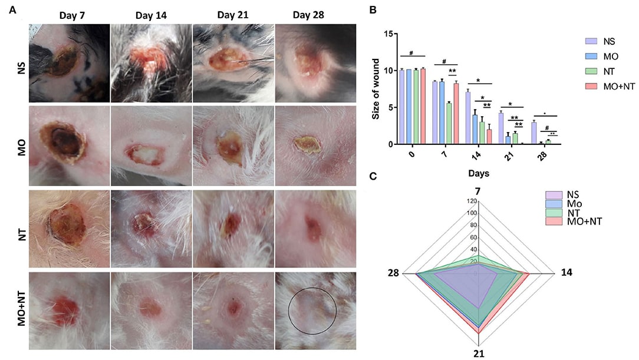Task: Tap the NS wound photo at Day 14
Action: (x=150, y=63)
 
